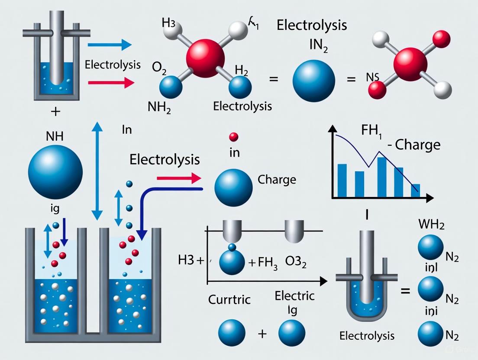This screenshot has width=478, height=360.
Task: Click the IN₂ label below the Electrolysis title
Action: (313, 46)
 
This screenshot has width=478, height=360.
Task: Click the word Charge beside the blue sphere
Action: (277, 179)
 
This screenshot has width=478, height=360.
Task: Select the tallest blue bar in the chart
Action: (381, 177)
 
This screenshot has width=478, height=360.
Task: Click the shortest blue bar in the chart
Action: (415, 191)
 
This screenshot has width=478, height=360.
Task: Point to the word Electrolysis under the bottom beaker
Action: (367, 335)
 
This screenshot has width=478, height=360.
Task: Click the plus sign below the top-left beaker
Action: (55, 112)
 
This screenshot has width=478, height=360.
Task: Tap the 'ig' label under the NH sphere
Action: (55, 209)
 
